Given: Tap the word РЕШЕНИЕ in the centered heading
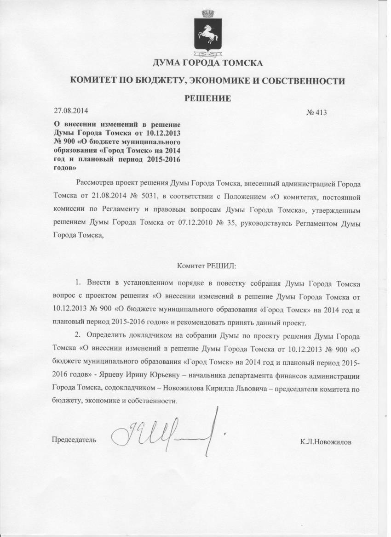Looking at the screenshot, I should [207, 98].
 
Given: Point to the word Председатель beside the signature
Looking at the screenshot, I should [74, 440].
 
